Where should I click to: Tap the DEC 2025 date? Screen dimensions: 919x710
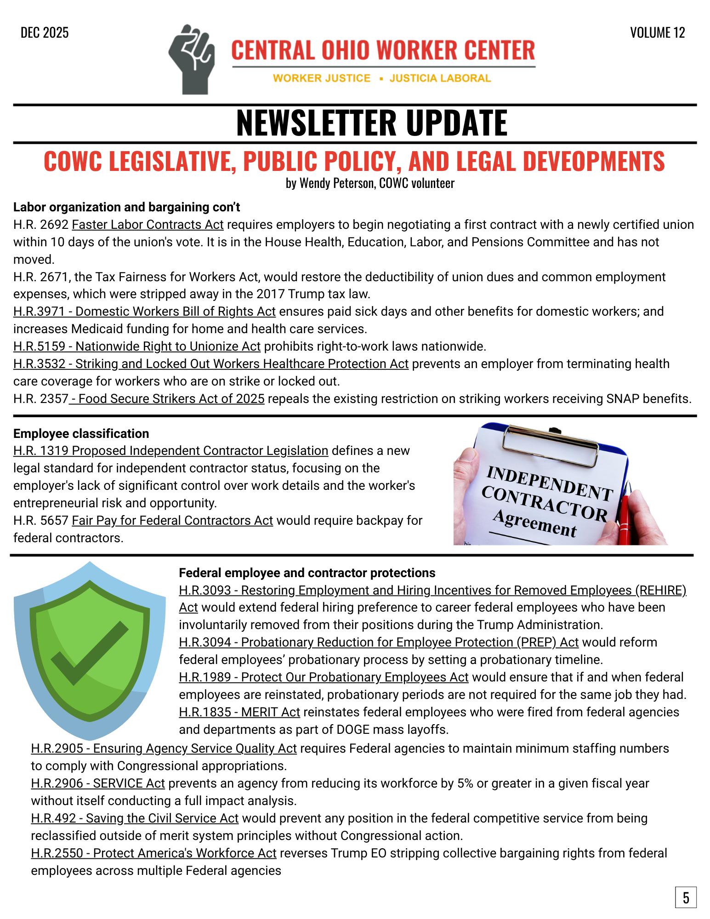coord(45,33)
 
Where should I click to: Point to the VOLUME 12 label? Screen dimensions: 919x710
coord(657,33)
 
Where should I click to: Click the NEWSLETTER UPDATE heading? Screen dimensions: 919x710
coord(371,123)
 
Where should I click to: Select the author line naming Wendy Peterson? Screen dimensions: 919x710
coord(370,183)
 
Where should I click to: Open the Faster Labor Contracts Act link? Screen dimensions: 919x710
coord(148,225)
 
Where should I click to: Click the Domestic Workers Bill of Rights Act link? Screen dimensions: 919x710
coord(144,312)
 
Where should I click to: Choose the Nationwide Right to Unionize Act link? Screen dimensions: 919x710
coord(137,346)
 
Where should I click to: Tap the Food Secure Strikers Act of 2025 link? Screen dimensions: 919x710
coord(167,399)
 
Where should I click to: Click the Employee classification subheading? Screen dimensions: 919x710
coord(81,434)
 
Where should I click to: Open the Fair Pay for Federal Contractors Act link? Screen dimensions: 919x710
coord(172,521)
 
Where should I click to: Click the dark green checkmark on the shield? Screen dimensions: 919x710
coord(89,652)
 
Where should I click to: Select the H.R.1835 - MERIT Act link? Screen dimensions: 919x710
coord(239,712)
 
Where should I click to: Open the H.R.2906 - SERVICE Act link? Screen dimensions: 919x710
coord(98,783)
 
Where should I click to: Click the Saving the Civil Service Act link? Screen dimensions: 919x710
coord(135,818)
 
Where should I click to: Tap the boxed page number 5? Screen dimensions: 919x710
coord(686,897)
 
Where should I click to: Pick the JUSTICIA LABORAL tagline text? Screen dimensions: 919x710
coord(440,79)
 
